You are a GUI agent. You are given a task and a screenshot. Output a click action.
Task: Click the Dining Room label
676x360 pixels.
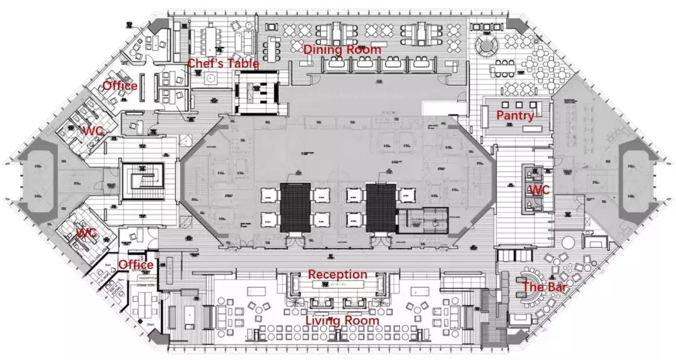coord(342,49)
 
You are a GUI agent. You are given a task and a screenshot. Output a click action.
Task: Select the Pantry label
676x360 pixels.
coord(515,115)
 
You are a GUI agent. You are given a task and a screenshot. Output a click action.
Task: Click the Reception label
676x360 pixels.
coord(337,274)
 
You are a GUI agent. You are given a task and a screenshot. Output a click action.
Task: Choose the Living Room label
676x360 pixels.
coord(342,321)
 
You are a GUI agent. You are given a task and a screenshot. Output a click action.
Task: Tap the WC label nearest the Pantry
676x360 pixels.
coord(539,190)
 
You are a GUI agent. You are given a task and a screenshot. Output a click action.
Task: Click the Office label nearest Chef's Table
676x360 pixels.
coord(120,85)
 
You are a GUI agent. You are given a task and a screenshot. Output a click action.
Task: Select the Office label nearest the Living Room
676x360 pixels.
coord(136,265)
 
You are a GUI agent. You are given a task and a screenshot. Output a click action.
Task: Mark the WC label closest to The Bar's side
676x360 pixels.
coord(539,190)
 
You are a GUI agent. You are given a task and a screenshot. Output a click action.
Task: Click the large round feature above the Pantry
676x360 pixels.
coord(486,45)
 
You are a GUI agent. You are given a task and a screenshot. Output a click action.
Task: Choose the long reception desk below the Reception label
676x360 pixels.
coord(337,285)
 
